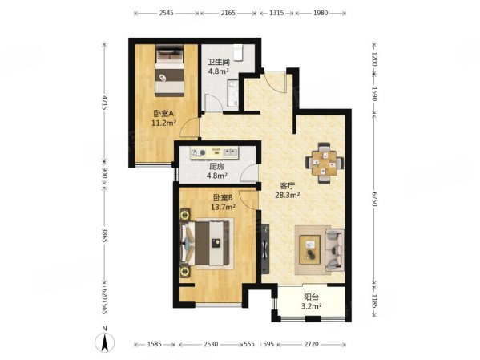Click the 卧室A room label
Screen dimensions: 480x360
tap(163, 114)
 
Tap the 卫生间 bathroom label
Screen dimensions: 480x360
tap(219, 63)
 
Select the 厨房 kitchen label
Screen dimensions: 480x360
tap(216, 167)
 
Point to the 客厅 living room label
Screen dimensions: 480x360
tap(288, 186)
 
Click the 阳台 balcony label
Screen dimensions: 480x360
tap(312, 297)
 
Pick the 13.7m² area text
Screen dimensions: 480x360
tap(223, 207)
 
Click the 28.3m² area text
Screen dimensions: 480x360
tap(287, 195)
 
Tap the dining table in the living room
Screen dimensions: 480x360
tap(325, 163)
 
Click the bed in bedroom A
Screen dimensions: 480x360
tap(170, 71)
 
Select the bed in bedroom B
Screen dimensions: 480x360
tap(205, 243)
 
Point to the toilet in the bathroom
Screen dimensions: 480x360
tap(238, 53)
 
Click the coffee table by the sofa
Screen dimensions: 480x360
tap(310, 249)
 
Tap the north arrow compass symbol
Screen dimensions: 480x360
tap(105, 341)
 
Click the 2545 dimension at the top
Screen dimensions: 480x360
tap(166, 13)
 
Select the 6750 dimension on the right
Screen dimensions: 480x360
tap(374, 198)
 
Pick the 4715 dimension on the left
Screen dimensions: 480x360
tap(105, 103)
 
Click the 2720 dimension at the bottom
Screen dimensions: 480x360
tap(311, 344)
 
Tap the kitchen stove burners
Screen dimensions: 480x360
tap(199, 152)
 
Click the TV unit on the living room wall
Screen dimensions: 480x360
tap(265, 249)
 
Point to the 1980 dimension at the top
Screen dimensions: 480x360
tap(321, 13)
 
